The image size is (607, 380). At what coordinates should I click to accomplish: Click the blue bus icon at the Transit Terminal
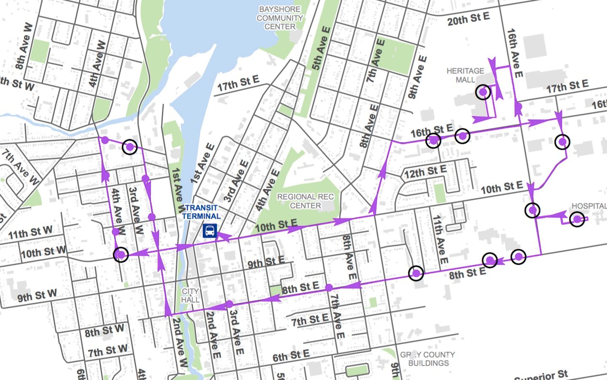pyautogui.click(x=209, y=231)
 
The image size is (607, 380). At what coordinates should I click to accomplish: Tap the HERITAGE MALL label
pyautogui.click(x=465, y=75)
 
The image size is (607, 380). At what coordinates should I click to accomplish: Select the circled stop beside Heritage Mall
pyautogui.click(x=483, y=92)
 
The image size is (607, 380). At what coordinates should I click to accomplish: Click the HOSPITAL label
pyautogui.click(x=588, y=206)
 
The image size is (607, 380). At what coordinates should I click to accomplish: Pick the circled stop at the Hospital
pyautogui.click(x=577, y=219)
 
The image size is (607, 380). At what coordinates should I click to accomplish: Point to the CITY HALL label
pyautogui.click(x=190, y=296)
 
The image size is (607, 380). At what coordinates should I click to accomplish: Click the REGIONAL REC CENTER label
pyautogui.click(x=305, y=201)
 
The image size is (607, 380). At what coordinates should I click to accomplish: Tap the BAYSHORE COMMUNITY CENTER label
pyautogui.click(x=279, y=18)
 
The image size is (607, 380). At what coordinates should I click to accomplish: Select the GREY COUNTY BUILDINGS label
pyautogui.click(x=428, y=359)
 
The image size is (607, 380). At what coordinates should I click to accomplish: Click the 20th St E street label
pyautogui.click(x=468, y=19)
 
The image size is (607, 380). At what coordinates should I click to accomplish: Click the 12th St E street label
pyautogui.click(x=425, y=172)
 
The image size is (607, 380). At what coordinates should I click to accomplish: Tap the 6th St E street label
pyautogui.click(x=291, y=356)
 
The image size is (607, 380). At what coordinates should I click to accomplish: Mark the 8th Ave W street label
pyautogui.click(x=24, y=46)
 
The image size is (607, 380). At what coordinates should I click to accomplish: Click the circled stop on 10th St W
pyautogui.click(x=121, y=255)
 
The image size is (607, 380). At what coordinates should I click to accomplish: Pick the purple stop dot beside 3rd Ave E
pyautogui.click(x=229, y=304)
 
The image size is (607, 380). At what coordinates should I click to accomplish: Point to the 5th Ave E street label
pyautogui.click(x=321, y=49)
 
